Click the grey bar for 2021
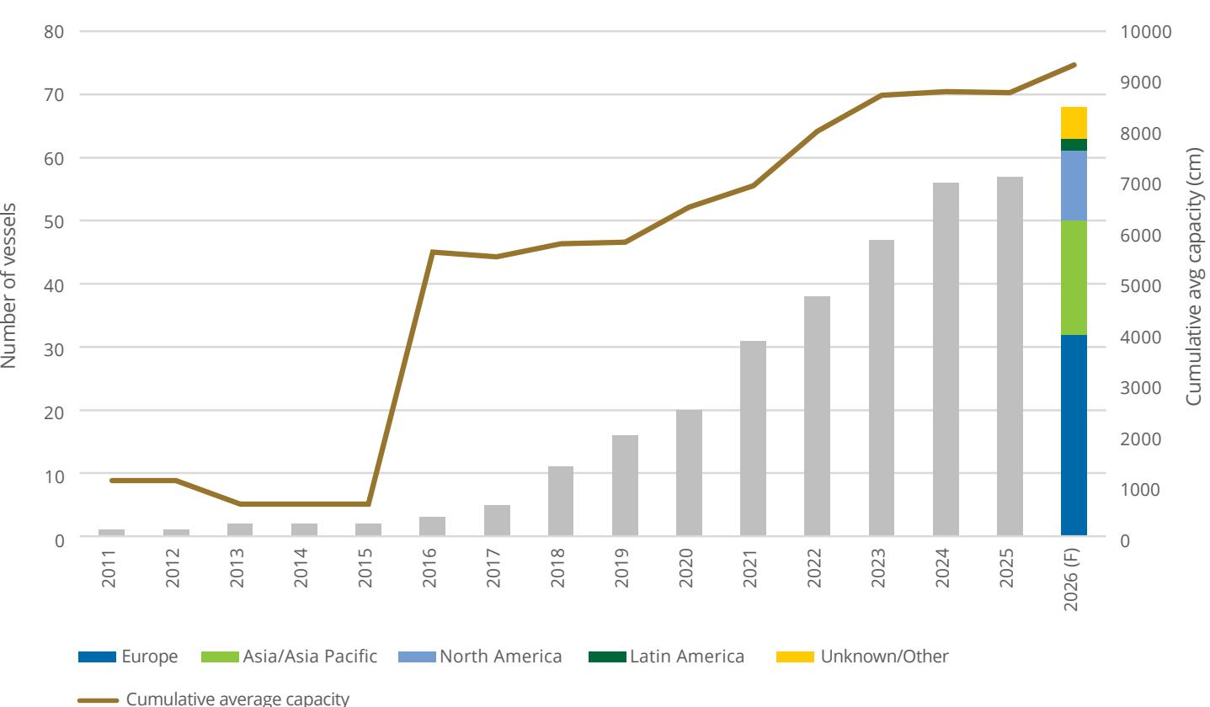click(753, 438)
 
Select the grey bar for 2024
click(946, 359)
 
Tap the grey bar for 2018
click(561, 501)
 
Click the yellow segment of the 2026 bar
click(1074, 123)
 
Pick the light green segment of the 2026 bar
click(1074, 278)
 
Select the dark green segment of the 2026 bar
click(1074, 145)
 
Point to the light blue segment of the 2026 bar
click(1074, 185)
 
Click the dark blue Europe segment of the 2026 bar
click(1074, 435)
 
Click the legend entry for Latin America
click(666, 656)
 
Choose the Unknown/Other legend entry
click(862, 656)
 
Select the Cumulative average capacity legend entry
click(213, 699)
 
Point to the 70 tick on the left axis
click(54, 95)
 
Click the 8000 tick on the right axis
click(1140, 134)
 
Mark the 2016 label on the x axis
click(429, 567)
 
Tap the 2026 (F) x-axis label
click(1070, 580)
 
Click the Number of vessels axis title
click(8, 285)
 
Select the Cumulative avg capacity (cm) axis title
click(1194, 276)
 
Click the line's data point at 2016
click(432, 252)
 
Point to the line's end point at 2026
click(1074, 65)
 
